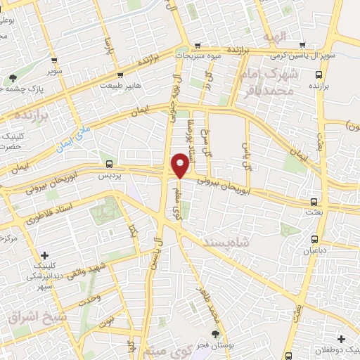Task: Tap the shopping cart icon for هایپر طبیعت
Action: point(121,75)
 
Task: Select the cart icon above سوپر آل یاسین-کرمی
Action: point(302,44)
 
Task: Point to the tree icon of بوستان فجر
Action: point(215,334)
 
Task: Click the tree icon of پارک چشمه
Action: point(13,78)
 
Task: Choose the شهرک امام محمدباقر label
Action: point(275,83)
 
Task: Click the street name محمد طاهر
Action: point(205,300)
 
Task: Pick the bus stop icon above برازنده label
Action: point(319,75)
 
